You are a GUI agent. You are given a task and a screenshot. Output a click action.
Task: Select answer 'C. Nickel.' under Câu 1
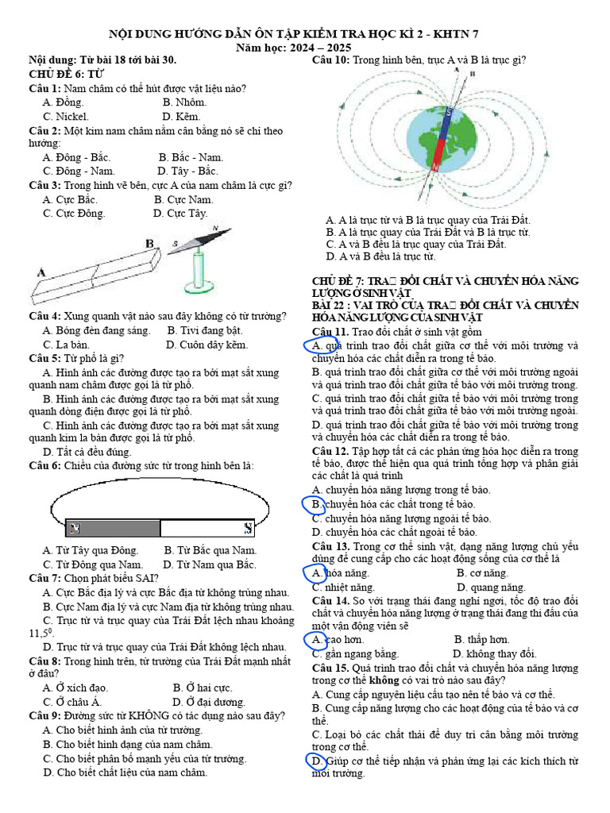66,116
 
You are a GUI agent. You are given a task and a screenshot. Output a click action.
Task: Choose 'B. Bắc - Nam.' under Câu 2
191,157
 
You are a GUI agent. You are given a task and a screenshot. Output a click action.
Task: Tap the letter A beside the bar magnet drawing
41,272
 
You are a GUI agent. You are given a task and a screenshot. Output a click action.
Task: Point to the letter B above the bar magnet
149,244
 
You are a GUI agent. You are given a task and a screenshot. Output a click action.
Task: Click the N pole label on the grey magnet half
75,527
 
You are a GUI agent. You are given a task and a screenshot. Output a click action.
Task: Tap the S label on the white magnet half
248,527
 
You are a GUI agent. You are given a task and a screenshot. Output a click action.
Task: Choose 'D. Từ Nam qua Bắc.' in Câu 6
210,564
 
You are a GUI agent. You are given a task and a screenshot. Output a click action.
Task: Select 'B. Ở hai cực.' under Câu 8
203,688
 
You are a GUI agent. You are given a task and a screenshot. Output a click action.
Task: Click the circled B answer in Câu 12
316,504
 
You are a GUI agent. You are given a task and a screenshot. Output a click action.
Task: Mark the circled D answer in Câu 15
316,761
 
